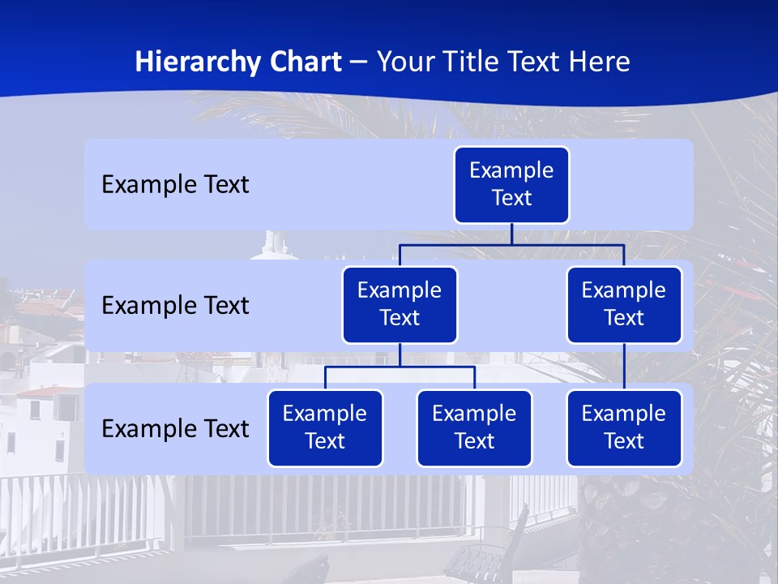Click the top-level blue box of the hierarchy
click(511, 185)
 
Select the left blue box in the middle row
click(400, 305)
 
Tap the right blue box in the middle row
click(624, 305)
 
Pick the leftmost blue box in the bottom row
click(325, 428)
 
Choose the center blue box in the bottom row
click(474, 428)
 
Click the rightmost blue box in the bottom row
click(624, 428)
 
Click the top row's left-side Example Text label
click(175, 185)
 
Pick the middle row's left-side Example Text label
click(175, 306)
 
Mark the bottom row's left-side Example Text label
click(175, 429)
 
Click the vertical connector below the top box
click(511, 234)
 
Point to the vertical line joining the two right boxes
click(624, 367)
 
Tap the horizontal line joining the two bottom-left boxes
click(400, 367)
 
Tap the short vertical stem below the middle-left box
click(400, 355)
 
